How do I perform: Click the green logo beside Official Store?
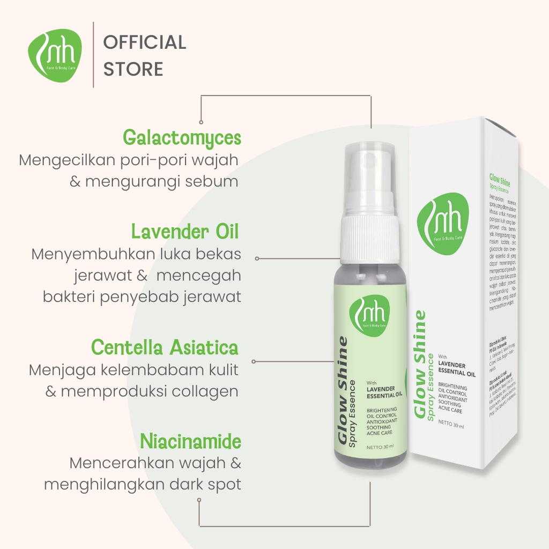point(55,55)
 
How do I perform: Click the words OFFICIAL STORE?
point(144,55)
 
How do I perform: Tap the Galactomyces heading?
point(182,138)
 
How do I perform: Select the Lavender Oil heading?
point(185,232)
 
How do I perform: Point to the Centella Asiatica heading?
point(165,347)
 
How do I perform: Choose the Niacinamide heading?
point(190,442)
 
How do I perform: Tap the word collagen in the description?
point(205,391)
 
